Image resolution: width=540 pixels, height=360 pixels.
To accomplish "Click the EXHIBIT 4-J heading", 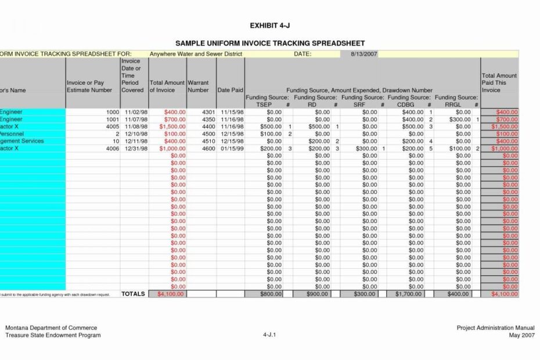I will (x=269, y=26).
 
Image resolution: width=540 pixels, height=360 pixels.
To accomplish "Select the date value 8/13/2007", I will (x=363, y=54).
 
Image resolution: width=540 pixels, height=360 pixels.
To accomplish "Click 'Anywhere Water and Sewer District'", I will (x=196, y=54).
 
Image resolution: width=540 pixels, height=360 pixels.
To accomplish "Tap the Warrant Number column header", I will (x=198, y=87).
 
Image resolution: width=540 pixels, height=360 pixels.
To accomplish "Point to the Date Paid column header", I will (x=230, y=91).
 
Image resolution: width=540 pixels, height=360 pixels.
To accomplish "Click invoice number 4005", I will (x=113, y=127).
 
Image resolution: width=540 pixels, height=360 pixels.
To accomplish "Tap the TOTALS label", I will (x=133, y=294).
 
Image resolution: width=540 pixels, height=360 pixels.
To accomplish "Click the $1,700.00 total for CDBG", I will (x=409, y=294).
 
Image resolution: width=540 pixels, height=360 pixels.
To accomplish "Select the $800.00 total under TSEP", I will (x=271, y=294).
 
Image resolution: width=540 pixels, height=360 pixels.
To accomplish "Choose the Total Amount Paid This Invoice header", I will (x=499, y=83).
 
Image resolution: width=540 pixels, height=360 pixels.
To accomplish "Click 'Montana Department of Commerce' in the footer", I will (x=51, y=328).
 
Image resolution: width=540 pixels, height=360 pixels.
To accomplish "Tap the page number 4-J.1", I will (x=270, y=335).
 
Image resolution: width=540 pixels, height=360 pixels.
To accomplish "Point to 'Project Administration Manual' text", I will (x=495, y=328).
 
